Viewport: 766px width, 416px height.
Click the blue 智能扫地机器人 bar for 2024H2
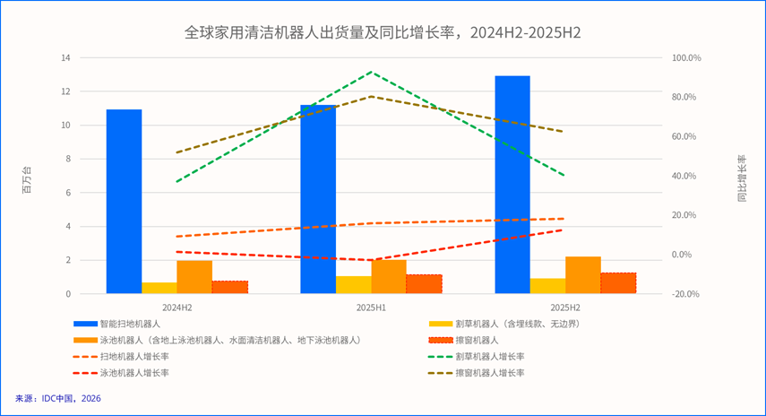click(124, 202)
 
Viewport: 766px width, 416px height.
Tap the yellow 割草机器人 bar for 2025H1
click(353, 285)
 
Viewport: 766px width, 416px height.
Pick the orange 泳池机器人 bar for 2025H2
click(582, 275)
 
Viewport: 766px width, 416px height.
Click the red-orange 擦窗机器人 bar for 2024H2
click(229, 287)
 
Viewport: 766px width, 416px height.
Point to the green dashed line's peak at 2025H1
click(371, 73)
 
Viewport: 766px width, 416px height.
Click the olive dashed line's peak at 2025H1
click(371, 96)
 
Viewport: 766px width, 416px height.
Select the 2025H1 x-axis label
click(371, 308)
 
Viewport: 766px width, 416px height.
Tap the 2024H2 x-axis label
click(177, 308)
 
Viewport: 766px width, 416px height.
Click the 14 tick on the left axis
click(65, 58)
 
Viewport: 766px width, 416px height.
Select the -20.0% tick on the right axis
click(687, 294)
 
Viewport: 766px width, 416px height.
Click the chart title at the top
click(383, 33)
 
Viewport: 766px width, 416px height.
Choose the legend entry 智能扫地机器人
click(130, 323)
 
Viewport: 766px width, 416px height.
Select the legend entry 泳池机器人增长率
click(134, 372)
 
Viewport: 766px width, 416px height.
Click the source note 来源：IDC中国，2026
click(58, 398)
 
